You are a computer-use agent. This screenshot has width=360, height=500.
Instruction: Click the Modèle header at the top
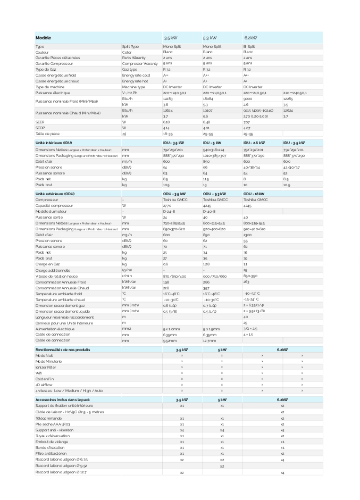pos(44,38)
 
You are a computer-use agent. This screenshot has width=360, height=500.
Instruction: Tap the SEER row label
pos(39,122)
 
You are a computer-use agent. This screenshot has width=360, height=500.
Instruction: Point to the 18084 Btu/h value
pos(208,99)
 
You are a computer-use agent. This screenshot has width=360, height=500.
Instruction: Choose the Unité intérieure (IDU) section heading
pos(54,143)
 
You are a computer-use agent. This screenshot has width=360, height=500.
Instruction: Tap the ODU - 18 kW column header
pos(254,194)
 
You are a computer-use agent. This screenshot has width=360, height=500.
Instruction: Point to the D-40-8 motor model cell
pos(210,211)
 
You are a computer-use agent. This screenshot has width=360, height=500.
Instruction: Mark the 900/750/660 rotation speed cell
pos(215,276)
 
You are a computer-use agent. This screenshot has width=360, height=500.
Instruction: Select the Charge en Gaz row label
pos(47,264)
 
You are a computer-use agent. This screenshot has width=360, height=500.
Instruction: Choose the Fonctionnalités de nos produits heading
pos(66,349)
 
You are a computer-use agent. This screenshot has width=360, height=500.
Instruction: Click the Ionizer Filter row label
pos(46,367)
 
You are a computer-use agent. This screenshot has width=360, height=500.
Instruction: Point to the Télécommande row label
pos(48,418)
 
